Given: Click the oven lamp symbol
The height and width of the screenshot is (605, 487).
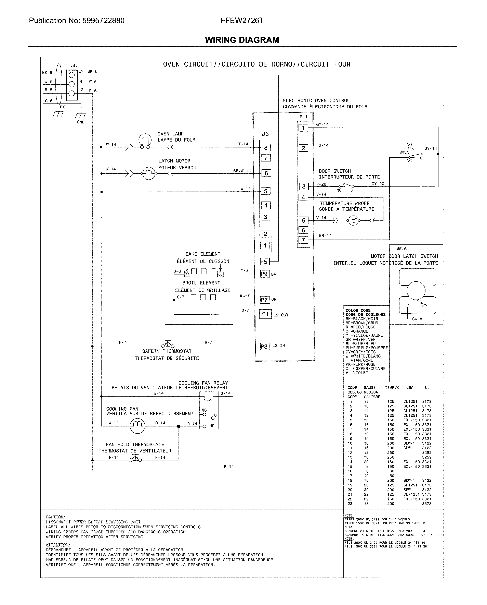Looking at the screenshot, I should click(x=145, y=141).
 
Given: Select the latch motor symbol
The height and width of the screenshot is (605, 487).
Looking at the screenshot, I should click(x=149, y=173).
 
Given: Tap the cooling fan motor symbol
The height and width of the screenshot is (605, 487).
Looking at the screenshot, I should click(x=137, y=426).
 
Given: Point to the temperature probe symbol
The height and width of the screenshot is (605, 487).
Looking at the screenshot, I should click(x=353, y=221).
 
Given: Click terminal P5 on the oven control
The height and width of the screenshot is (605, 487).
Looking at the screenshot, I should click(x=264, y=262).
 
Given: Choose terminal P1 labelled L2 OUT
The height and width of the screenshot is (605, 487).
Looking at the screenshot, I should click(x=265, y=314).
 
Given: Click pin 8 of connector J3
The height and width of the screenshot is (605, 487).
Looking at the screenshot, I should click(x=266, y=148).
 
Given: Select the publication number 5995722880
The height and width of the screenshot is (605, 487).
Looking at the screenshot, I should click(x=103, y=21).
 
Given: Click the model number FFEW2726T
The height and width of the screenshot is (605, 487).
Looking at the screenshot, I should click(x=242, y=21).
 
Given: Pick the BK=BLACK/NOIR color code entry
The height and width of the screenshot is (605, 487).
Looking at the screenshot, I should click(x=362, y=319).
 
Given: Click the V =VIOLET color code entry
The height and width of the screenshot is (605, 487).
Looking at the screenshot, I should click(x=357, y=373).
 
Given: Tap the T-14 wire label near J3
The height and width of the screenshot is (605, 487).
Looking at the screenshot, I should click(x=243, y=144).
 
